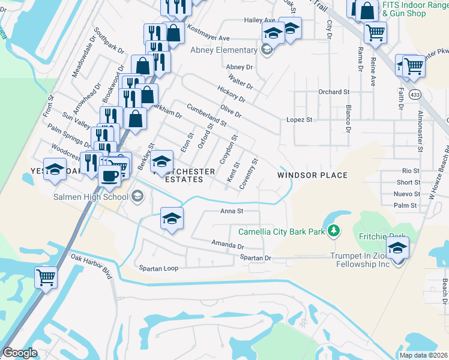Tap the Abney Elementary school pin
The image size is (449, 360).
pyautogui.click(x=268, y=50)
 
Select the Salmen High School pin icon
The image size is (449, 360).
pyautogui.click(x=137, y=197)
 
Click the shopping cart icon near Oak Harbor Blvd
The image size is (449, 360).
pyautogui.click(x=46, y=277)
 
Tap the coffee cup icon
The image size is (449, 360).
pyautogui.click(x=109, y=176)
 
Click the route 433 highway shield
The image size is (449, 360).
pyautogui.click(x=415, y=95)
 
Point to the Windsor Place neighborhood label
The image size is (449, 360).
pyautogui.click(x=312, y=175)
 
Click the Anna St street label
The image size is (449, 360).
pyautogui.click(x=231, y=211)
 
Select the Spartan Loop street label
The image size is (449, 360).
pyautogui.click(x=158, y=268)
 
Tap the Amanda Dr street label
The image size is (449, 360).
pyautogui.click(x=228, y=245)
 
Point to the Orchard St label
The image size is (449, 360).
pyautogui.click(x=334, y=92)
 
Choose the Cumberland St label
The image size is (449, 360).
pyautogui.click(x=206, y=115)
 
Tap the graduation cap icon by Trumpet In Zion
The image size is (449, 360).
pyautogui.click(x=397, y=247)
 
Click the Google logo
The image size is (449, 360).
pyautogui.click(x=20, y=353)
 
